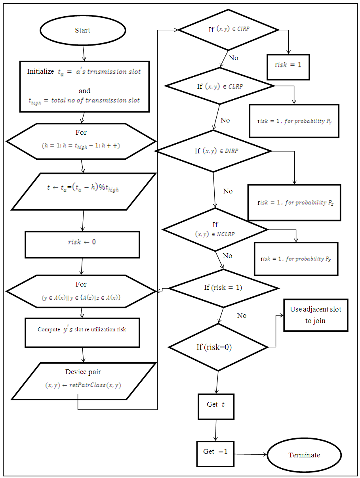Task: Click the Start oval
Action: pyautogui.click(x=82, y=31)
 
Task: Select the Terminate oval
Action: pyautogui.click(x=304, y=455)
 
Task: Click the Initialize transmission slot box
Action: pyautogui.click(x=84, y=86)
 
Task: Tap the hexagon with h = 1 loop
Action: pyautogui.click(x=81, y=141)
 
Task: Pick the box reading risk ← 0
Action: pyautogui.click(x=82, y=245)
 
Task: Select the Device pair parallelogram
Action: pyautogui.click(x=83, y=381)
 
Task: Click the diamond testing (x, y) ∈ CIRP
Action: pyautogui.click(x=229, y=30)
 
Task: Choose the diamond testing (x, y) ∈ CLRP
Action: pyautogui.click(x=220, y=86)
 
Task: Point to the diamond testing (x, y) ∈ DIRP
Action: pyautogui.click(x=214, y=151)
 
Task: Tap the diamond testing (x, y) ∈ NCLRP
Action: pyautogui.click(x=215, y=229)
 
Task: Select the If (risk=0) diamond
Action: pyautogui.click(x=218, y=347)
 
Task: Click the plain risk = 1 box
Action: pyautogui.click(x=288, y=65)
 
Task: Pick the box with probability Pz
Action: pyautogui.click(x=294, y=202)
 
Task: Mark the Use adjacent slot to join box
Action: pyautogui.click(x=316, y=315)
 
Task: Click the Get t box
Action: pyautogui.click(x=216, y=406)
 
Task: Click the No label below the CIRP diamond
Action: pyautogui.click(x=233, y=58)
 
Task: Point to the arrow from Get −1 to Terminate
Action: pyautogui.click(x=250, y=454)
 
